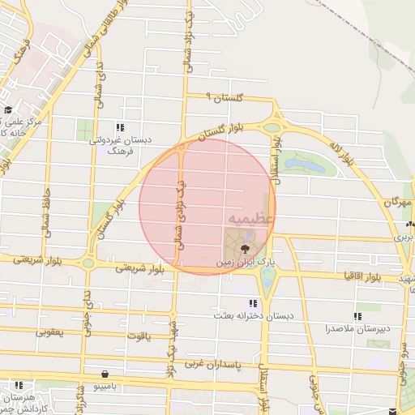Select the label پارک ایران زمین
(x=246, y=263)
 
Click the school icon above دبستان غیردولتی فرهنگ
(x=120, y=127)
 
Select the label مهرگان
(x=399, y=200)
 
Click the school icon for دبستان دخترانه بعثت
(x=252, y=302)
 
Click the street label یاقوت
(x=140, y=335)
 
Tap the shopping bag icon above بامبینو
(x=105, y=374)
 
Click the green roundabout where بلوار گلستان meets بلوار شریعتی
(x=88, y=263)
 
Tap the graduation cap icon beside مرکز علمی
(x=8, y=110)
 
